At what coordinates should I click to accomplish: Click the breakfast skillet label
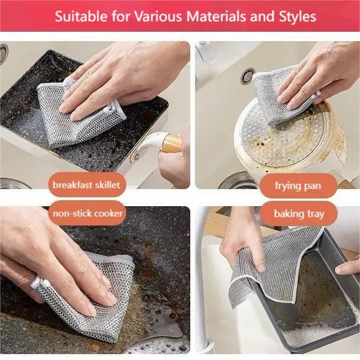(x=86, y=185)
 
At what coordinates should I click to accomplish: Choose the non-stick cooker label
(x=88, y=213)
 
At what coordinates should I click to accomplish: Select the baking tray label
(x=300, y=213)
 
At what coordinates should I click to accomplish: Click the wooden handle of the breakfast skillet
(x=170, y=143)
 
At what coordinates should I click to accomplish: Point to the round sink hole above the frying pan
(x=247, y=76)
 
